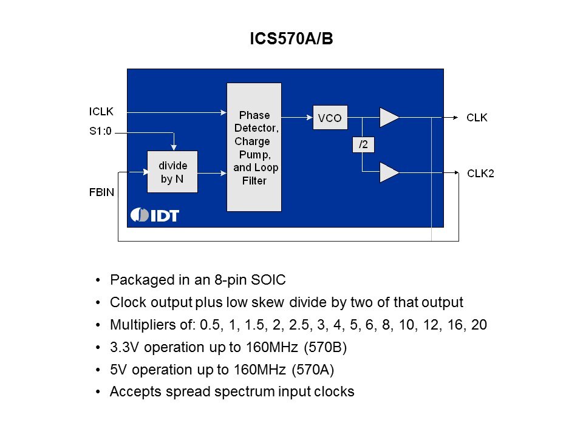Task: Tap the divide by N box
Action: point(172,172)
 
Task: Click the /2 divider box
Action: point(363,144)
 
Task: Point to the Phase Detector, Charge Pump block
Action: point(254,147)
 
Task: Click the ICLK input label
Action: point(101,111)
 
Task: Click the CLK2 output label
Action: point(480,173)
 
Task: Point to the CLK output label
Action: point(477,118)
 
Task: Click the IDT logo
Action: point(155,215)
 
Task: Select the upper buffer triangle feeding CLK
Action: point(389,118)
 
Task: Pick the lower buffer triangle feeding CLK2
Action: point(389,172)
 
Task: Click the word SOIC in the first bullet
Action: point(270,280)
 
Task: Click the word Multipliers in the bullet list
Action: point(138,325)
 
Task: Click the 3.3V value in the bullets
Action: point(123,348)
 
